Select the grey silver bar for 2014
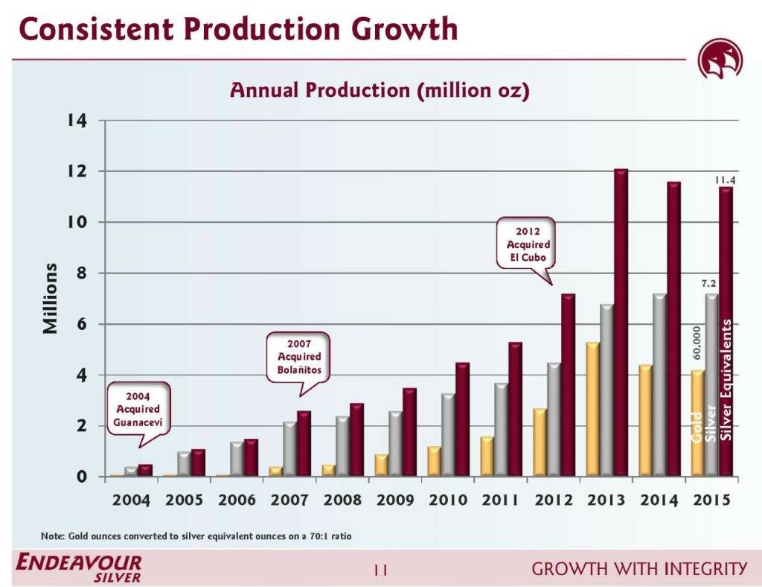coord(659,384)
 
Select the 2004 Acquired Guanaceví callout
coord(138,408)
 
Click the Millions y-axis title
coord(50,298)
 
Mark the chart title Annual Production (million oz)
coord(380,90)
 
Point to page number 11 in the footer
coord(381,570)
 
